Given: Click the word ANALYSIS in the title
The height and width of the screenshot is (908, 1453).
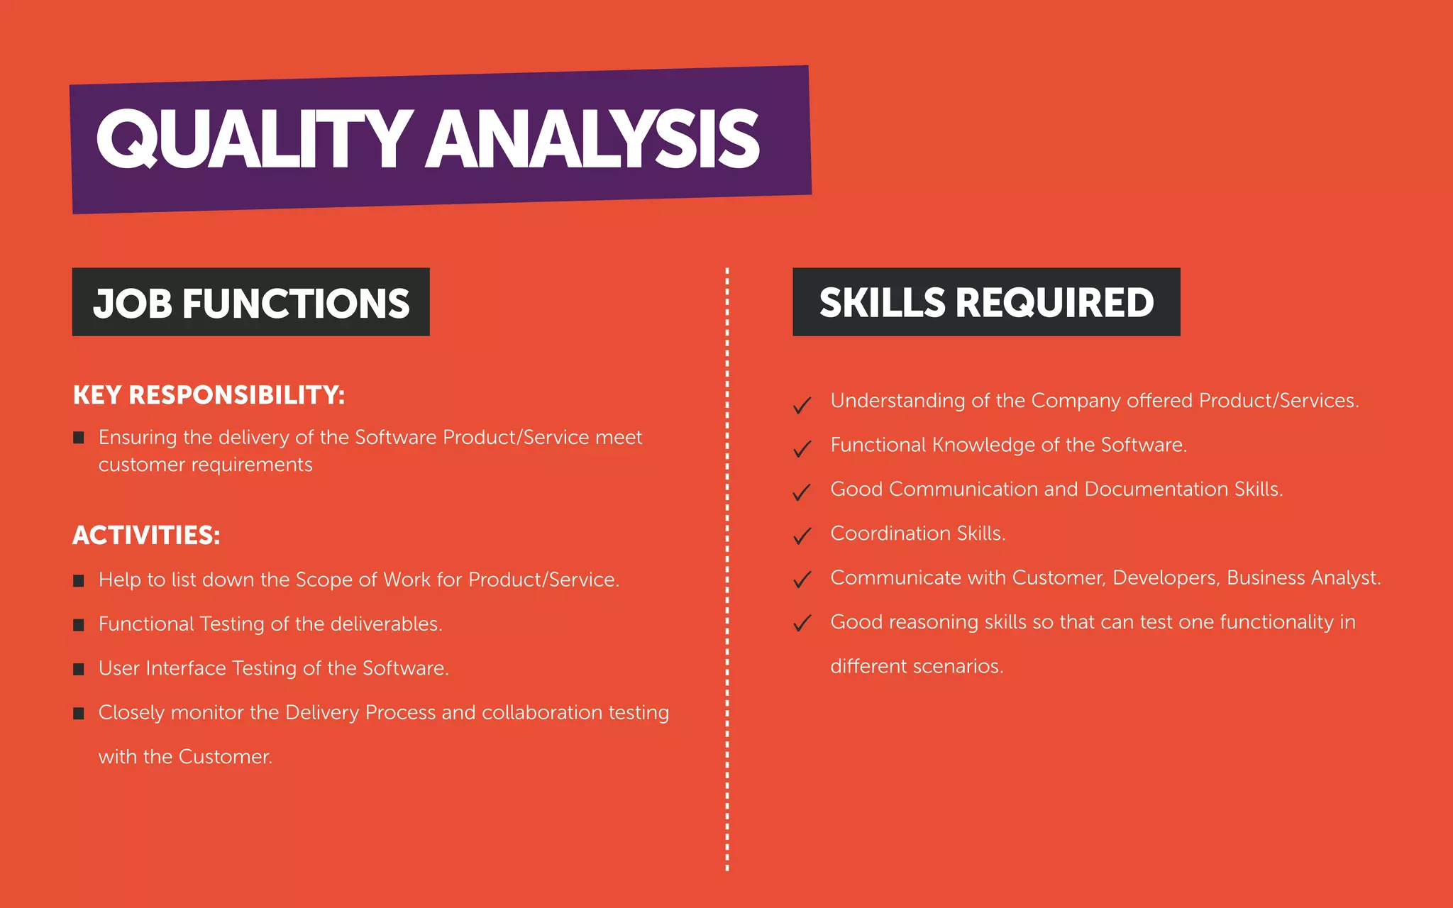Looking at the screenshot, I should point(593,139).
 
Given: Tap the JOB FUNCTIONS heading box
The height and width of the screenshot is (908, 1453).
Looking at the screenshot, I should point(251,302).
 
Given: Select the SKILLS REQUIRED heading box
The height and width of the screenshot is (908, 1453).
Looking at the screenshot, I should point(986,302).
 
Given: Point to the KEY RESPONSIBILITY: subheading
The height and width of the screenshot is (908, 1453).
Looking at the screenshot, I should point(209,395).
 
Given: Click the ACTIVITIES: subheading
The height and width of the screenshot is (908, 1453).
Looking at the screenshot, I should point(146,535).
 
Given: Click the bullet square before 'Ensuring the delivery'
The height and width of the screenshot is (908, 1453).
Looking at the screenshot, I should point(79,438).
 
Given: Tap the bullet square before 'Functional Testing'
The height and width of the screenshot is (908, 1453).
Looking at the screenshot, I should point(79,625).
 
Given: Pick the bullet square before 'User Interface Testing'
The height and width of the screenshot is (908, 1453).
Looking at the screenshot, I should point(79,669).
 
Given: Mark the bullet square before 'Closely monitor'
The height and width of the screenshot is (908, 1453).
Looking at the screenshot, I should point(79,714).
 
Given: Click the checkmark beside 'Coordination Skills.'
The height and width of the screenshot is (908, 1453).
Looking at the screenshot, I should point(802,536).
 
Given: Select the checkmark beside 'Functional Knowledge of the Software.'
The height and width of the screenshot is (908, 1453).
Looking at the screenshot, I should point(802,448).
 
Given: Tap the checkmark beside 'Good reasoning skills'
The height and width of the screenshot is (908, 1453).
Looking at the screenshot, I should point(802,624).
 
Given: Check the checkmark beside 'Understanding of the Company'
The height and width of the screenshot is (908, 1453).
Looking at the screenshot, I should point(802,404).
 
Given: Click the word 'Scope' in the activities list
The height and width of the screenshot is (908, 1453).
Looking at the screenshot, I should point(324,580).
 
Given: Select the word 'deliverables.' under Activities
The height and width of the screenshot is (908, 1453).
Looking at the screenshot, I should point(386,624).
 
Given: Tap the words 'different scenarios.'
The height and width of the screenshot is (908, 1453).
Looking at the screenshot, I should point(917,667).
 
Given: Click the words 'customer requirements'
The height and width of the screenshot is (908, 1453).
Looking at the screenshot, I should point(205,465).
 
